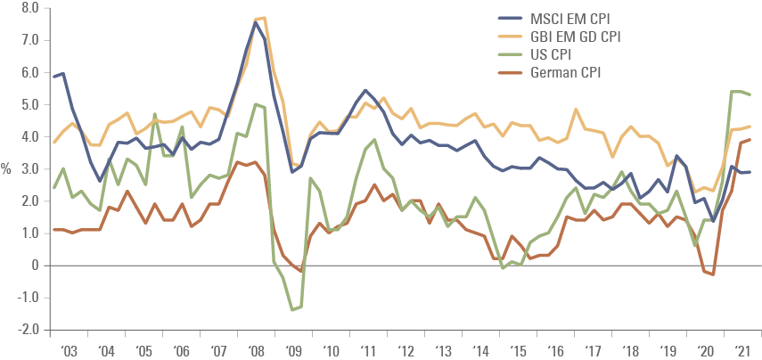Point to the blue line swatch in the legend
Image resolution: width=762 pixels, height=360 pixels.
point(511,17)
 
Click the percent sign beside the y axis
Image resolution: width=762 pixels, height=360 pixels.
point(7,169)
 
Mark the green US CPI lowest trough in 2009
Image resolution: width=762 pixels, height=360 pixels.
point(291,310)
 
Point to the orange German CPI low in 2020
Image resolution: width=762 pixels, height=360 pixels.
point(714,274)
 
